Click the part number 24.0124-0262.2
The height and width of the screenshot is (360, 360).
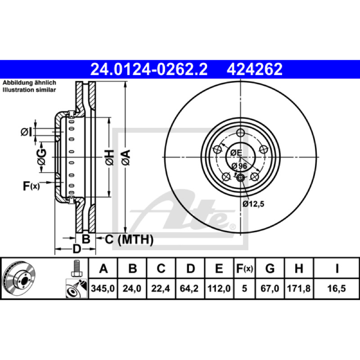149,69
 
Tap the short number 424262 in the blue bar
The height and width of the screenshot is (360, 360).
254,69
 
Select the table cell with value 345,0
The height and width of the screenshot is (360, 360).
103,288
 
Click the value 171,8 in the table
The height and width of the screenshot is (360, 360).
299,288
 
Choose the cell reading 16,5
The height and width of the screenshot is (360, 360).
336,288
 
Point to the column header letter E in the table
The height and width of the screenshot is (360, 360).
219,268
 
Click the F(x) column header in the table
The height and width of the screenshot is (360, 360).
244,268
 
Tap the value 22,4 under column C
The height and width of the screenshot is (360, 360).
161,288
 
